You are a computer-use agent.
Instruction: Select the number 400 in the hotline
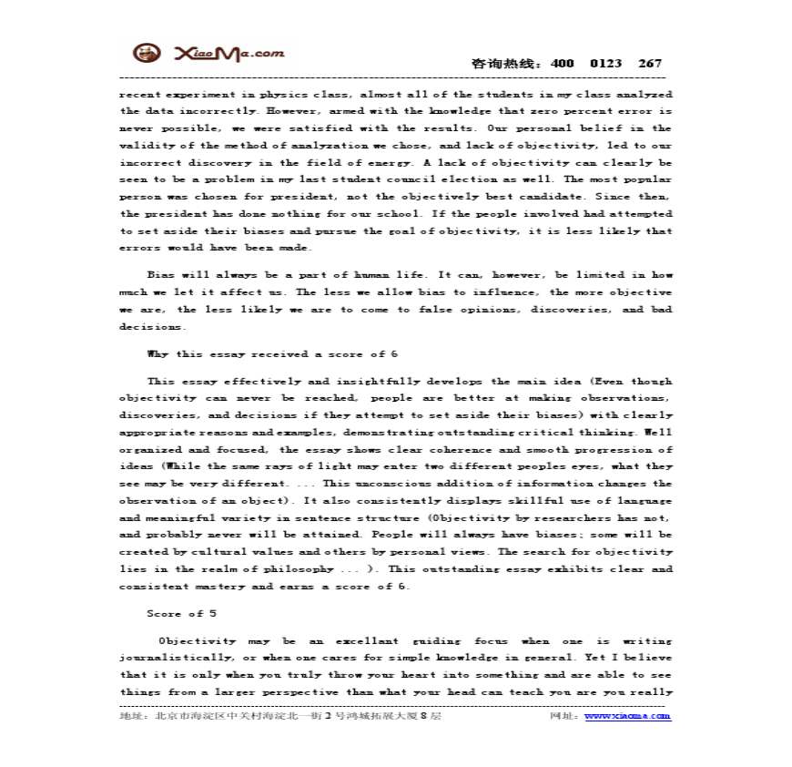[x=563, y=64]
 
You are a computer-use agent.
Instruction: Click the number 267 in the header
[x=650, y=64]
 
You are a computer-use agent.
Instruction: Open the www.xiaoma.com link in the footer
[x=627, y=716]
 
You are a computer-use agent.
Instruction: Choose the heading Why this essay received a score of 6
[x=272, y=353]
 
